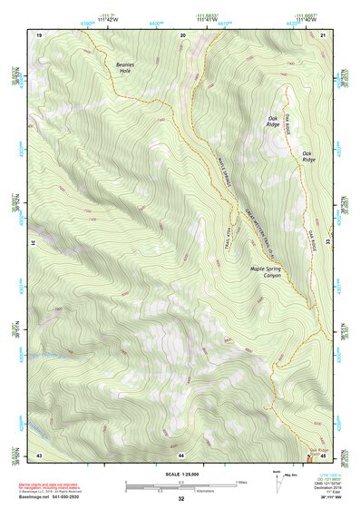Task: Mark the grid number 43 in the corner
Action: tap(39, 454)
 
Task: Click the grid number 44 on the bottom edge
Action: tap(181, 454)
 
